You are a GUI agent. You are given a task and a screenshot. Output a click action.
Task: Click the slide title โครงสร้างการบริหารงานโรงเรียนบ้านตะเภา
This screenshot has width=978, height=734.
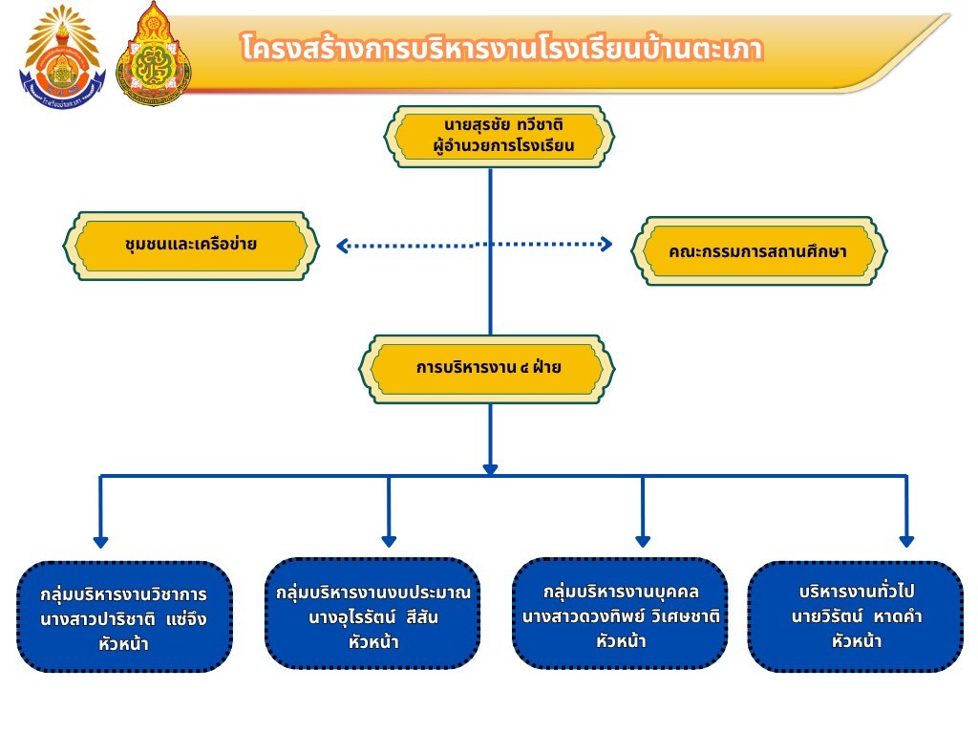pos(502,49)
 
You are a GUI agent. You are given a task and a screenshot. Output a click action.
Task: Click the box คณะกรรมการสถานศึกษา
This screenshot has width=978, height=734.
pos(759,251)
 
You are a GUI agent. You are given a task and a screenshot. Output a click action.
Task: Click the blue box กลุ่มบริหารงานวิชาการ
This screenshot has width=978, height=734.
pos(124,616)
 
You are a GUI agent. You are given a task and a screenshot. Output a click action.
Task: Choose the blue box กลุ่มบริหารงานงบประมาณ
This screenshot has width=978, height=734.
pos(372,613)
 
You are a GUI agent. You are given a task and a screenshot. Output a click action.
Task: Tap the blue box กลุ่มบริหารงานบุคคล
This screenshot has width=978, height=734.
pos(620,613)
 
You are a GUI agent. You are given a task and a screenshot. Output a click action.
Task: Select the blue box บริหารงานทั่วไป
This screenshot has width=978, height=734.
pos(855,616)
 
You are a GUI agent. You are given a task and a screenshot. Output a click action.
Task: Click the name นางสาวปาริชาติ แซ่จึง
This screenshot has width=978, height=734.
pos(124,618)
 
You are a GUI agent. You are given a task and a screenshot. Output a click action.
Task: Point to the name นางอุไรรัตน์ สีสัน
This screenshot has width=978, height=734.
pos(373,617)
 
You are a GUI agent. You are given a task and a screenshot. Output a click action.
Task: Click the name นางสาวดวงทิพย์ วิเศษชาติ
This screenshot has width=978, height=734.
pos(620,616)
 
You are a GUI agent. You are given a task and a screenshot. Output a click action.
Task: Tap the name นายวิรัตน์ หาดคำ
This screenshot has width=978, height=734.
pos(855,616)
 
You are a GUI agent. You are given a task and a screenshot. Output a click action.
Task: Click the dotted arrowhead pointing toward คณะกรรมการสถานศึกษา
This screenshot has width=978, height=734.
pos(605,245)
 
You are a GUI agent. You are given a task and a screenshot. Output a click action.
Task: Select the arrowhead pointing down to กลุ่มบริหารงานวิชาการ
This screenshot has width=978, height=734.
pos(101,541)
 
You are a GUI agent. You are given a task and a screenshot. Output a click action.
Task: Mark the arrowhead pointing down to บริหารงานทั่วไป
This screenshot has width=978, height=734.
pos(906,541)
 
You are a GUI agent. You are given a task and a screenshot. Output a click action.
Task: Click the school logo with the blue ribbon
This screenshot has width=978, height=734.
pos(61,55)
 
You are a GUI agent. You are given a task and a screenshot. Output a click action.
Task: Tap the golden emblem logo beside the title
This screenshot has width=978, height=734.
pos(153,54)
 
